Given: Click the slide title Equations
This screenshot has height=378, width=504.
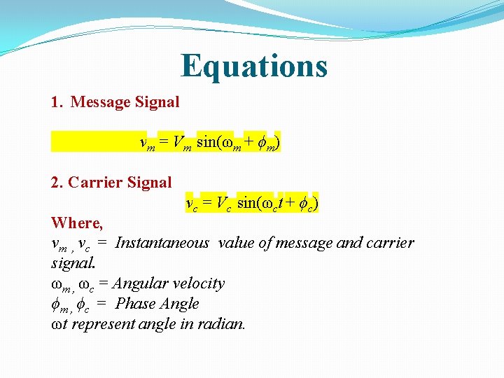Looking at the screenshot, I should click(x=253, y=66).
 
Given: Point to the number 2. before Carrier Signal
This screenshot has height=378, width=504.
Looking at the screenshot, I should click(x=58, y=183).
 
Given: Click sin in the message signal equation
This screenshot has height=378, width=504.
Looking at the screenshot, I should click(x=206, y=143).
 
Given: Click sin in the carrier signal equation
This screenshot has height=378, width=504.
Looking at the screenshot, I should click(x=246, y=204).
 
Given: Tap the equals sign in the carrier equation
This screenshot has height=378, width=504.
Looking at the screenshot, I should click(x=206, y=204).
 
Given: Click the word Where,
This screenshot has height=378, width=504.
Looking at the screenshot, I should click(x=77, y=223).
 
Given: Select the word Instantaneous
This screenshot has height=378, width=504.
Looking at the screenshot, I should click(x=162, y=243).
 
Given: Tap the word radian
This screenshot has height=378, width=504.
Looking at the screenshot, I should click(x=224, y=324).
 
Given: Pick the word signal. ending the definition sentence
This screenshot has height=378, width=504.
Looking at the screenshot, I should click(x=73, y=264).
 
